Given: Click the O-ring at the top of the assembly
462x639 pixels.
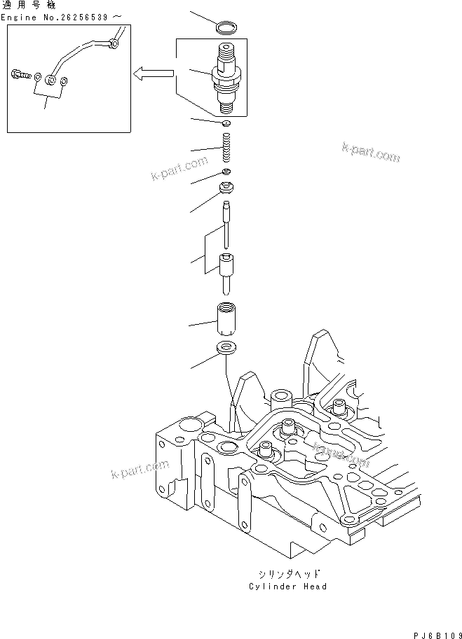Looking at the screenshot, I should click(x=226, y=28).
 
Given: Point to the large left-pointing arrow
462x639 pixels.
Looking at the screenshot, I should click(x=154, y=72).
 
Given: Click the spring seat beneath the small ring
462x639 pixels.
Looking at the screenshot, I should click(x=226, y=188).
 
